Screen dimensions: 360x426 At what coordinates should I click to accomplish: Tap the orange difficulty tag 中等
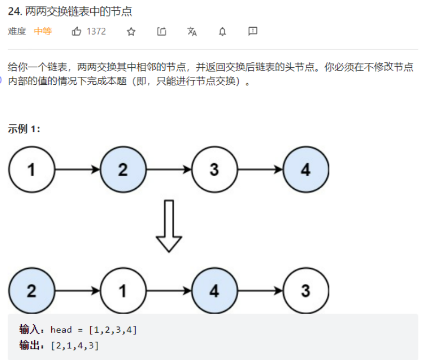click(x=43, y=31)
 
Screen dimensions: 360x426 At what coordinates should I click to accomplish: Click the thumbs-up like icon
click(x=76, y=31)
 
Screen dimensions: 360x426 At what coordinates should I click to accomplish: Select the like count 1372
click(x=96, y=31)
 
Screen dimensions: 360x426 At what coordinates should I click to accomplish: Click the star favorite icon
click(x=131, y=31)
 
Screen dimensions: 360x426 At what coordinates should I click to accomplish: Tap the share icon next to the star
click(x=161, y=31)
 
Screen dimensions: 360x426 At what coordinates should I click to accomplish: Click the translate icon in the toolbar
click(x=192, y=31)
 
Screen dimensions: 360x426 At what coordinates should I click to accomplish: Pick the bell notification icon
click(x=222, y=31)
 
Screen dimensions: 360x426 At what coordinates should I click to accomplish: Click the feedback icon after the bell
click(x=253, y=31)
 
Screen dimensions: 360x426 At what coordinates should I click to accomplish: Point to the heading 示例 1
click(x=24, y=129)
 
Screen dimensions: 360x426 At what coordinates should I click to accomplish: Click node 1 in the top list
click(x=31, y=170)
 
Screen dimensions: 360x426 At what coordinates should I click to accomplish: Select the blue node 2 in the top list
click(x=123, y=170)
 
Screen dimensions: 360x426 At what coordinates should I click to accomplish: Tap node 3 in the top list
click(x=214, y=170)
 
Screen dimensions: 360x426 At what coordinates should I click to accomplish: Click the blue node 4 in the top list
click(x=306, y=170)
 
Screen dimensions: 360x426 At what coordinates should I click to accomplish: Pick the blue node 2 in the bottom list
click(x=31, y=291)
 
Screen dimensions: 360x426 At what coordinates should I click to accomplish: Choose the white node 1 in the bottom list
click(x=123, y=291)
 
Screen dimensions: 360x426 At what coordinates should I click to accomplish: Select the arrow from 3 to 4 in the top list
click(x=260, y=170)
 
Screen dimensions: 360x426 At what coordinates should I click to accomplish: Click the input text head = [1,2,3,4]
click(x=93, y=330)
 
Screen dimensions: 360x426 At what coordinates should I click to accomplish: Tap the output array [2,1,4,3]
click(x=75, y=346)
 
